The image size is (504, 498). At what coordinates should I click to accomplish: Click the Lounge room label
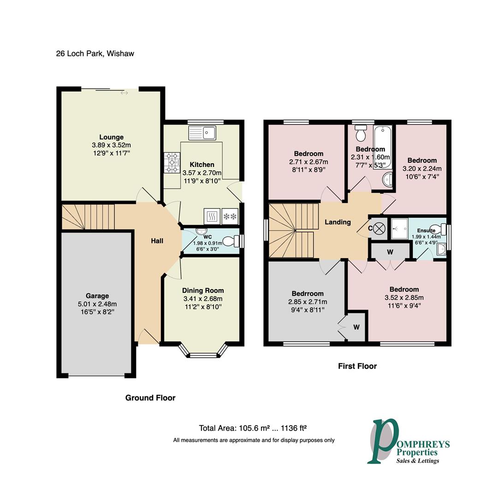[111, 137]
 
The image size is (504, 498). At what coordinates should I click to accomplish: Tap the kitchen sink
[202, 133]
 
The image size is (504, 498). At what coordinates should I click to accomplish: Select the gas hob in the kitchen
[172, 163]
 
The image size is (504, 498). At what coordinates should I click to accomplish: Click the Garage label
[97, 296]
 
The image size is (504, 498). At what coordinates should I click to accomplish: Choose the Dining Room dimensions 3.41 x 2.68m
[203, 299]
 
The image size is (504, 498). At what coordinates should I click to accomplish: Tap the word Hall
[157, 241]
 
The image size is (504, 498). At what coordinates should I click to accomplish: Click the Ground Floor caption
[150, 397]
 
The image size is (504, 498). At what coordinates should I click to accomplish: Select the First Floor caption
[357, 366]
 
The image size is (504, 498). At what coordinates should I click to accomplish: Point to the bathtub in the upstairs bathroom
[383, 147]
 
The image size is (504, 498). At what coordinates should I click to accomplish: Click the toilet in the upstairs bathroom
[361, 133]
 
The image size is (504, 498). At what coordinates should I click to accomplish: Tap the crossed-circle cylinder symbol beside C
[379, 229]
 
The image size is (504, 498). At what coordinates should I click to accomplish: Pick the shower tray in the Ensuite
[399, 229]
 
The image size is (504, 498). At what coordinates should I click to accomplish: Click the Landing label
[338, 222]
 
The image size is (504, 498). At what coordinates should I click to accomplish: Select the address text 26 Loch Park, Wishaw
[95, 53]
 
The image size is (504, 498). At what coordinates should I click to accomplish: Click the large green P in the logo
[383, 441]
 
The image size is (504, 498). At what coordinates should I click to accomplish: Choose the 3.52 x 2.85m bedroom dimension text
[404, 298]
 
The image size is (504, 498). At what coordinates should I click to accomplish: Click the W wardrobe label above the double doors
[390, 252]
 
